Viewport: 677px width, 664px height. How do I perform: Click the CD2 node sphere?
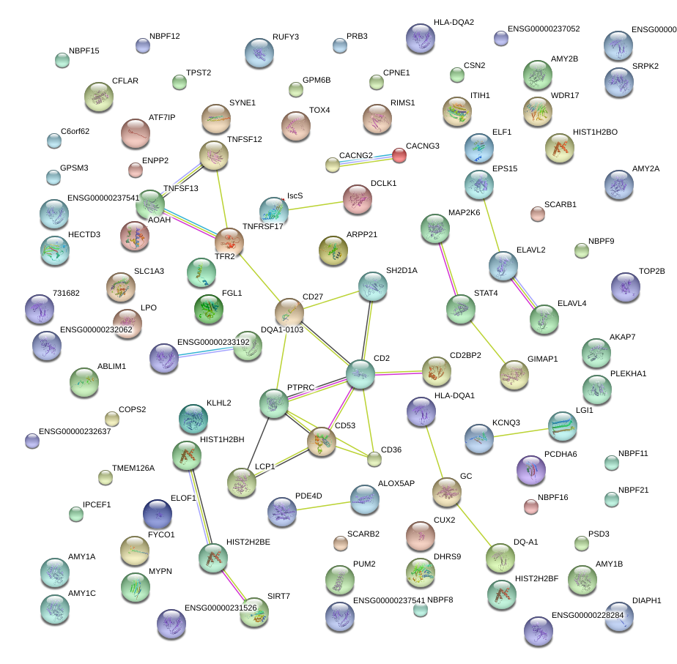pos(360,373)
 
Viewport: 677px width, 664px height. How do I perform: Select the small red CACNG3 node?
pos(399,154)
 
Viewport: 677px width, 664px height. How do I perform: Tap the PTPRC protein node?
pos(274,403)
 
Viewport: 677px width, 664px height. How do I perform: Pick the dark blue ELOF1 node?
pos(158,513)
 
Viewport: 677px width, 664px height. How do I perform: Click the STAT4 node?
pos(461,309)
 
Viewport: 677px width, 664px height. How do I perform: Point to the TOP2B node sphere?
pos(625,286)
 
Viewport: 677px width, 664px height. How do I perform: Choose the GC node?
pos(446,492)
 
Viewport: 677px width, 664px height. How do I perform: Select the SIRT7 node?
pos(254,611)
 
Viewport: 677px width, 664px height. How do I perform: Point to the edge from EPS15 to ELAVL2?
pos(491,225)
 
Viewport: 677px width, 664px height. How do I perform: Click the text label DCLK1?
pos(383,183)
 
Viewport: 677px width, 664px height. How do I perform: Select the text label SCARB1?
pos(561,204)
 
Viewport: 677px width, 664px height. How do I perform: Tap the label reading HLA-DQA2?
pos(454,22)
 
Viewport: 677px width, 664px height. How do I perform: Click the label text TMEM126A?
pos(133,468)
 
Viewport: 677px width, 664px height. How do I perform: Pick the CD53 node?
pos(321,442)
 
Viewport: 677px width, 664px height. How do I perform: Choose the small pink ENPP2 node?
pos(136,170)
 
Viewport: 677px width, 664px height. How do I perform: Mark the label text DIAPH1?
pos(646,600)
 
